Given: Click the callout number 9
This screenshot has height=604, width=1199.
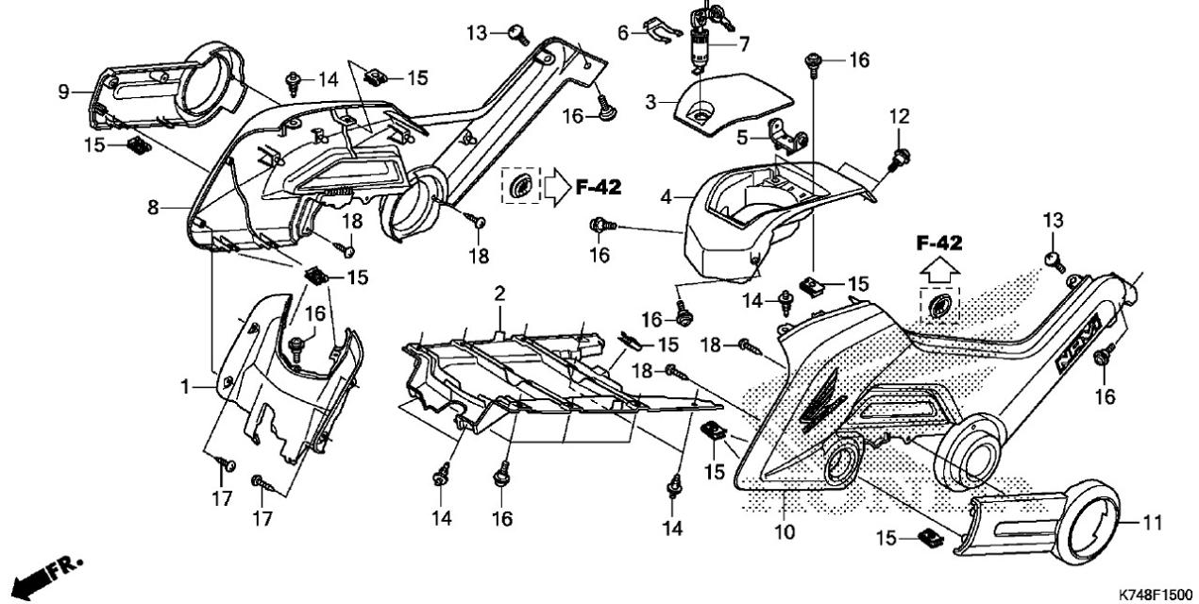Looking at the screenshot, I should pos(64,92).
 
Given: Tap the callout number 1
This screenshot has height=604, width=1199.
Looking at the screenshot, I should pos(186,387).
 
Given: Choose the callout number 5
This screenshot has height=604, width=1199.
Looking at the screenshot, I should pos(742,138).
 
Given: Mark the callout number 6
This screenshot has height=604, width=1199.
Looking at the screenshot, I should pos(623,32).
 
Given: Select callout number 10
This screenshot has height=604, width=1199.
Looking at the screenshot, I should pos(784,531).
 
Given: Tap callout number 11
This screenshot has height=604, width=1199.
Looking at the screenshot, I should pos(1154,522).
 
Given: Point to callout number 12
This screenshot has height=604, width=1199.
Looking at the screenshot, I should pos(899,116).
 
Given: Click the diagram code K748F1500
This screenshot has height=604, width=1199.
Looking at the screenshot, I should pos(1155,594).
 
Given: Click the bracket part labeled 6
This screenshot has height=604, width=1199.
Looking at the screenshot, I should pos(664,31).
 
